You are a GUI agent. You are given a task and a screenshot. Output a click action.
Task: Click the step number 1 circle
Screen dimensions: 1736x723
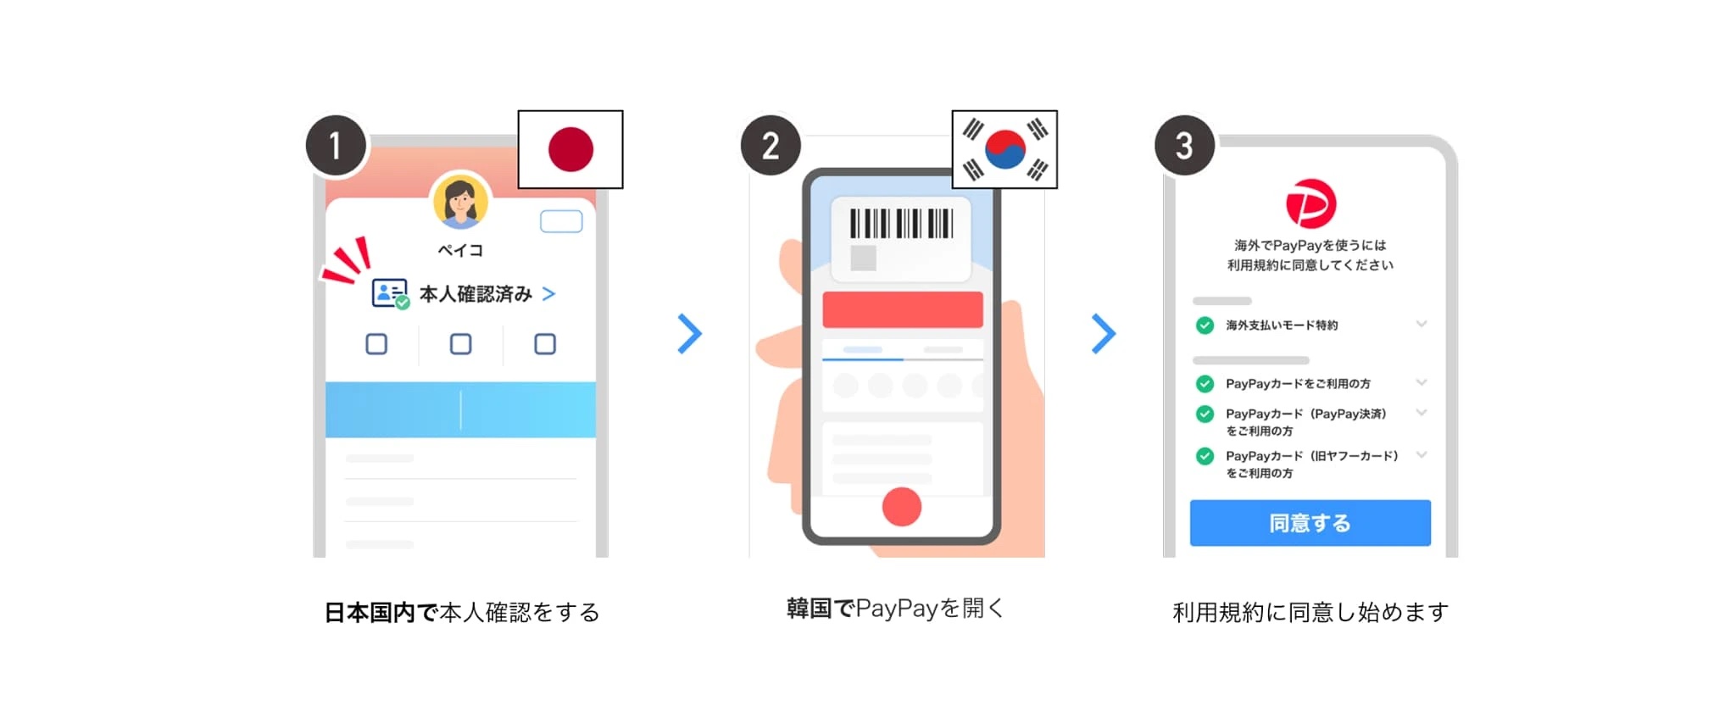click(x=336, y=145)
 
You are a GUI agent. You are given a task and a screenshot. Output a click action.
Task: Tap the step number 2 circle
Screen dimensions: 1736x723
click(x=771, y=145)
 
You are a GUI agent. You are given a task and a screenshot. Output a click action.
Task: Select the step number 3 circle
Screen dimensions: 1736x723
click(x=1184, y=145)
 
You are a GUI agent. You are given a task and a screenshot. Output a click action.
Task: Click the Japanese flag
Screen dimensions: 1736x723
click(x=570, y=149)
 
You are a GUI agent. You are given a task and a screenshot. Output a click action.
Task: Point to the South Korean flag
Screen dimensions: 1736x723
click(x=1004, y=149)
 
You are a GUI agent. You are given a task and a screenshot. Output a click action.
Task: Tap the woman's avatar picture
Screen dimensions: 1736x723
click(x=460, y=201)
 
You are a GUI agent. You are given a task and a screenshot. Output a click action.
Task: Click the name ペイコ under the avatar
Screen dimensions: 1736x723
click(x=460, y=250)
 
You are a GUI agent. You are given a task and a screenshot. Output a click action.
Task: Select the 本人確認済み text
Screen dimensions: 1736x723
click(x=476, y=294)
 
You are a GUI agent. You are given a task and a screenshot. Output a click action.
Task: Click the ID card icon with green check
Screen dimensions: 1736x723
click(x=390, y=294)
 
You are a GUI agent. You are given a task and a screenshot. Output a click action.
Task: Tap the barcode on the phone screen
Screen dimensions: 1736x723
click(x=901, y=224)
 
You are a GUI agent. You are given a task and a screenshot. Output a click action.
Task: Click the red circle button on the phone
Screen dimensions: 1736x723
click(x=901, y=507)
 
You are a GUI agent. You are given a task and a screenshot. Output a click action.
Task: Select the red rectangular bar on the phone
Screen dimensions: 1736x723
click(x=902, y=309)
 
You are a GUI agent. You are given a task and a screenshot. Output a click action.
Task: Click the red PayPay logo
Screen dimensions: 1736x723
click(x=1310, y=203)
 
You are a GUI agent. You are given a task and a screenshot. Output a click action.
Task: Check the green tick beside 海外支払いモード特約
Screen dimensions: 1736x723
click(x=1205, y=325)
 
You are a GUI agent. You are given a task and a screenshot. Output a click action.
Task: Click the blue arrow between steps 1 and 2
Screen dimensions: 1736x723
click(x=689, y=334)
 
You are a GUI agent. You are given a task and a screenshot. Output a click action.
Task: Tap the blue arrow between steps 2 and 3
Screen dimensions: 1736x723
click(x=1103, y=334)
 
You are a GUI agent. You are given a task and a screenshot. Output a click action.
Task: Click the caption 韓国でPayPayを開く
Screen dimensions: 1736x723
click(x=895, y=609)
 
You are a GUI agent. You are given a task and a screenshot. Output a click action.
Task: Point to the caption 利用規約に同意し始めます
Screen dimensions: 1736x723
click(x=1310, y=612)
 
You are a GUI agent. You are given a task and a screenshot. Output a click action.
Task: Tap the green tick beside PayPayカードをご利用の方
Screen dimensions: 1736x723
click(x=1205, y=384)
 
